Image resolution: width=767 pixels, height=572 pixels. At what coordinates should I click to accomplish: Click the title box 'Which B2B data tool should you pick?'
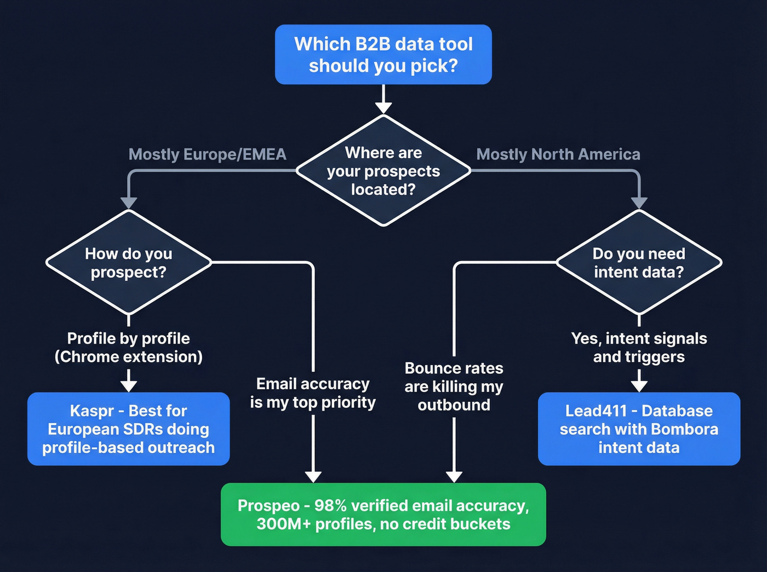click(x=383, y=55)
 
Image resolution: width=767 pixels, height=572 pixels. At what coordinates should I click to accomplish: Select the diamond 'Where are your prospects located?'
click(x=383, y=171)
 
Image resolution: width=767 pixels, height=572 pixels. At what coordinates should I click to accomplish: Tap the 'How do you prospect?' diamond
click(x=128, y=263)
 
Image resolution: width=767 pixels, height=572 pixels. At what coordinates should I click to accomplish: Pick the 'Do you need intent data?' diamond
click(x=639, y=263)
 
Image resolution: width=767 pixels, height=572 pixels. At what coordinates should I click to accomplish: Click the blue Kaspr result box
click(x=128, y=429)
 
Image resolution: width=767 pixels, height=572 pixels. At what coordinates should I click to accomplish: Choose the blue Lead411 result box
click(x=639, y=429)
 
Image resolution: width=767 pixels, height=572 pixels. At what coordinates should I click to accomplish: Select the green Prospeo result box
click(x=383, y=515)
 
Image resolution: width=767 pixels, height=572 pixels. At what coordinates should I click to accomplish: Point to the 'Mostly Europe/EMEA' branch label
click(x=207, y=154)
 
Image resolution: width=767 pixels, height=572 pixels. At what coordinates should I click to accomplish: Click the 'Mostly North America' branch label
click(x=558, y=154)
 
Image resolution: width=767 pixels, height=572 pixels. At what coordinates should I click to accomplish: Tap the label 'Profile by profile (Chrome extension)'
click(x=128, y=348)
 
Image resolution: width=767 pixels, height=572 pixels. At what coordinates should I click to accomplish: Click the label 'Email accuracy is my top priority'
click(x=313, y=393)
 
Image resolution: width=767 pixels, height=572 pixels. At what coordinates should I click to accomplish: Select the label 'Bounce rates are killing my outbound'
click(x=454, y=386)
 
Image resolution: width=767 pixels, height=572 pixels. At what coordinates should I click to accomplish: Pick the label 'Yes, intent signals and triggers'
click(x=639, y=348)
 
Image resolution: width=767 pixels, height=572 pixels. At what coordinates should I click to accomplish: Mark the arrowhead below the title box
click(x=383, y=107)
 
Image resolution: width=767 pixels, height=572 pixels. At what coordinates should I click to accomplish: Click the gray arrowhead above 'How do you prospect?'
click(x=128, y=203)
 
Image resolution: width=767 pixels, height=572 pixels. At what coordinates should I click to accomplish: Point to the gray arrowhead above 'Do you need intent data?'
click(x=639, y=203)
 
